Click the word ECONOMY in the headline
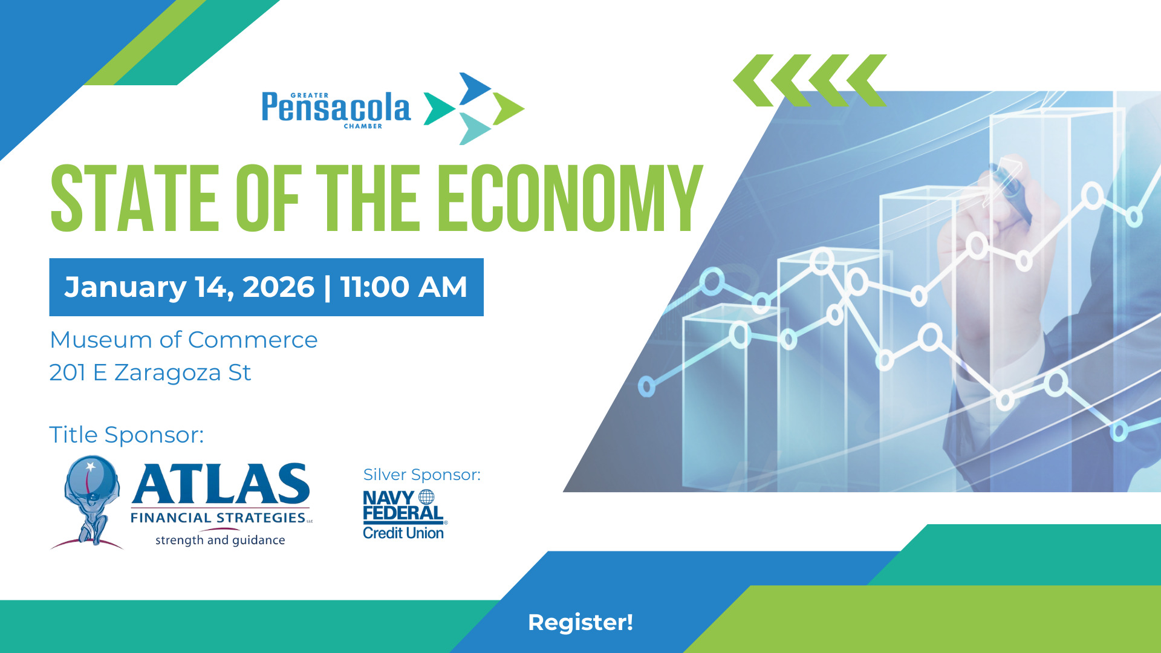point(570,198)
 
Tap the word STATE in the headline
point(134,198)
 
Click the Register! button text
point(580,622)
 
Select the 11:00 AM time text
point(403,287)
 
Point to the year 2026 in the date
point(278,287)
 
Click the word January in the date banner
point(125,288)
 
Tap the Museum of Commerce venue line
point(184,340)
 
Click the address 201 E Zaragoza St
point(150,372)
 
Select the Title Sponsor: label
point(126,435)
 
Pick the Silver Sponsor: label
point(422,475)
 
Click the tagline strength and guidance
point(220,540)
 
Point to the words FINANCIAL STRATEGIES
point(218,518)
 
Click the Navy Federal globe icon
point(426,497)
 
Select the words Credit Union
point(403,533)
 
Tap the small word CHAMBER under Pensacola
point(363,126)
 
